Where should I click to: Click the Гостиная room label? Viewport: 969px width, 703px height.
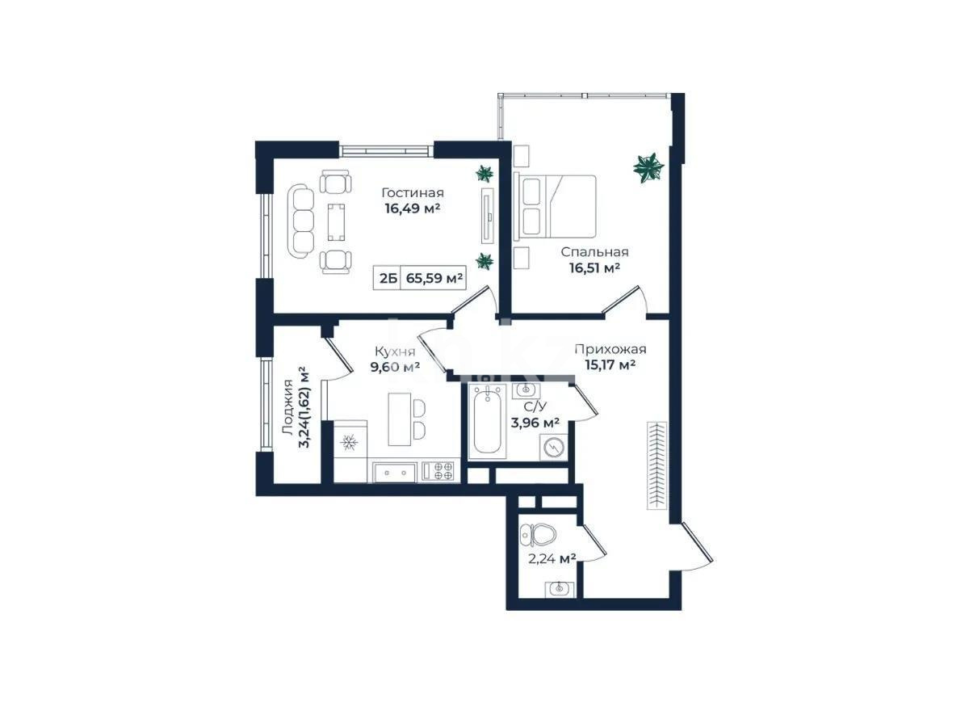413,192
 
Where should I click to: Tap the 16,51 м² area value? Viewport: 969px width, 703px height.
594,268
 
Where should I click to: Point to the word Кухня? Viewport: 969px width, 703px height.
395,351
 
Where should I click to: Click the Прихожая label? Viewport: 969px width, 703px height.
610,349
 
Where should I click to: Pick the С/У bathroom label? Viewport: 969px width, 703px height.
535,406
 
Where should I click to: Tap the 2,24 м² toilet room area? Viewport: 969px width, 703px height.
552,559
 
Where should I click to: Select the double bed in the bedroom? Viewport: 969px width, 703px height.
554,206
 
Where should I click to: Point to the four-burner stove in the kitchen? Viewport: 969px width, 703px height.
438,471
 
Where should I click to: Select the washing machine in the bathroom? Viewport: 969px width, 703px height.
553,447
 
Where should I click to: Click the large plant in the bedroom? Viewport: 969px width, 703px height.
648,167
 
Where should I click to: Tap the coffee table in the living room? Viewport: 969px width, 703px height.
336,222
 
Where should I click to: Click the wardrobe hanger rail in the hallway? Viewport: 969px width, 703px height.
657,466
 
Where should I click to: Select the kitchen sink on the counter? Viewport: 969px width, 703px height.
395,472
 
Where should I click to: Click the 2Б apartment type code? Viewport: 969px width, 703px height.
388,278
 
